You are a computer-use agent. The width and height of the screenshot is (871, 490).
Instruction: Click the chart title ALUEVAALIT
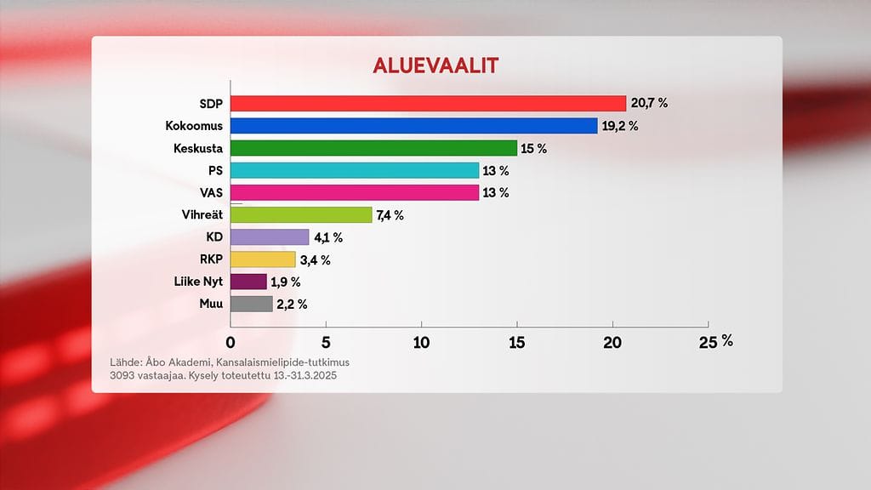(x=436, y=66)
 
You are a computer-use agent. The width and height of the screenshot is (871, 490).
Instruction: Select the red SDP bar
(x=428, y=103)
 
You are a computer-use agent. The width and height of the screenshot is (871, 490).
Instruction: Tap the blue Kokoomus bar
(x=413, y=126)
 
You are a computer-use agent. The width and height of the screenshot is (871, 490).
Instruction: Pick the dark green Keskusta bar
(x=373, y=148)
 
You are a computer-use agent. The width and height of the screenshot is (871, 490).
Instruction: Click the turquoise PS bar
(x=355, y=170)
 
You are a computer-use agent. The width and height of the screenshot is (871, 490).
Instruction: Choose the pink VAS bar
(x=355, y=192)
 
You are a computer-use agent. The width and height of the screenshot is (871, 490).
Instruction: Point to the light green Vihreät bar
(x=301, y=215)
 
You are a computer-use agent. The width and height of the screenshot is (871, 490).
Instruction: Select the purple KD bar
(x=270, y=237)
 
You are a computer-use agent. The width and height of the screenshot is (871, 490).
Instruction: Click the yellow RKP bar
(x=263, y=259)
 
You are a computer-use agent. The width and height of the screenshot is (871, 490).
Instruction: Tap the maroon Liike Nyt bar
(x=248, y=282)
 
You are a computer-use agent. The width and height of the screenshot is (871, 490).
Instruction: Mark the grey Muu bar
(x=252, y=304)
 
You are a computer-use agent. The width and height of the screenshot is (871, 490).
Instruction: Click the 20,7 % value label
(x=649, y=103)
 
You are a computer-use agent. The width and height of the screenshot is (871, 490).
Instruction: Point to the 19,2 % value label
(x=620, y=126)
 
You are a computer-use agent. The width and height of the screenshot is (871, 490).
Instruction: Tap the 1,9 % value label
(x=286, y=282)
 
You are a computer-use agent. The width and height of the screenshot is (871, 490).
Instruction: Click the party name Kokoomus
(x=194, y=126)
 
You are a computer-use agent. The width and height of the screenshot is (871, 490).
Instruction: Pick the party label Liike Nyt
(x=194, y=282)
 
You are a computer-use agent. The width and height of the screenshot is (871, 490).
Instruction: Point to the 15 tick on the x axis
(x=517, y=342)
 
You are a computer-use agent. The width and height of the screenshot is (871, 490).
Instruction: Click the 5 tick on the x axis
(x=326, y=342)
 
